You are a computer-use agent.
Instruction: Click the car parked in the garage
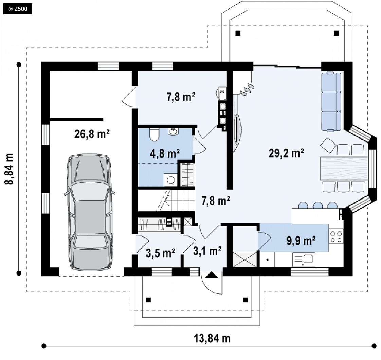click(90, 212)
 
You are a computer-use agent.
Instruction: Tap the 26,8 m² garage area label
click(92, 134)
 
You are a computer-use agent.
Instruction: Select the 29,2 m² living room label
click(286, 153)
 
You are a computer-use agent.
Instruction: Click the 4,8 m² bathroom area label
click(165, 154)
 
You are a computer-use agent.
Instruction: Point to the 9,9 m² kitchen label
click(301, 241)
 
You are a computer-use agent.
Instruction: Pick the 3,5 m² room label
click(160, 253)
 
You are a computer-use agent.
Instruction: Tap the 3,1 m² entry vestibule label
click(207, 251)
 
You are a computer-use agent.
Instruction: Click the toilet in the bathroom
click(154, 134)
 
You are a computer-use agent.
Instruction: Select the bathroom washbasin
click(173, 131)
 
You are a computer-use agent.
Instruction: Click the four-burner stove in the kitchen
click(336, 236)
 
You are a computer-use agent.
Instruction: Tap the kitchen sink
click(304, 259)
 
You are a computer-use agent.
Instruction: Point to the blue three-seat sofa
click(331, 102)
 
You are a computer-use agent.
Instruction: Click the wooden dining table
click(344, 168)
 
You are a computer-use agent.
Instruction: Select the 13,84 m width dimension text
click(212, 338)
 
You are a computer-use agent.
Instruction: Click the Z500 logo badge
click(18, 9)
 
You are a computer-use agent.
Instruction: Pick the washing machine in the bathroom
click(170, 180)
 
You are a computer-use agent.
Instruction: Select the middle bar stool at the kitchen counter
click(318, 205)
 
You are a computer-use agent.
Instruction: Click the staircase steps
click(167, 201)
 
